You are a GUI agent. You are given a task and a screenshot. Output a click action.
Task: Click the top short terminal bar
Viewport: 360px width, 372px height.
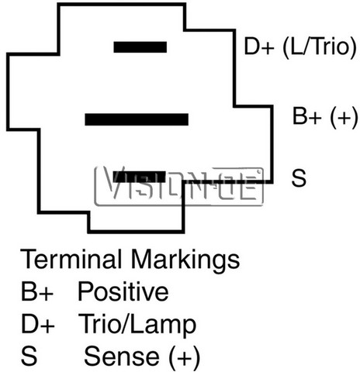point(140,47)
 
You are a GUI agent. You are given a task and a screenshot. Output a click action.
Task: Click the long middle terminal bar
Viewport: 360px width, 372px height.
point(137,119)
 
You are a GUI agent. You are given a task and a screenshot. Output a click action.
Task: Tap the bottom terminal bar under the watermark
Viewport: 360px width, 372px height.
point(140,177)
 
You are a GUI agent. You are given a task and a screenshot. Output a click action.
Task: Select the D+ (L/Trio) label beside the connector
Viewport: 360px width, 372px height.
point(300,47)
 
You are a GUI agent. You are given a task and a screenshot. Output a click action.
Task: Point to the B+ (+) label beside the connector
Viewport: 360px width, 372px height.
point(325,117)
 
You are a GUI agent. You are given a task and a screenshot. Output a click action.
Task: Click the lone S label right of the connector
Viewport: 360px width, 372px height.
point(299,177)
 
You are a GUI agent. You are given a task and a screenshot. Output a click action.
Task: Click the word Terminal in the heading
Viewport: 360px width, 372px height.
point(71,259)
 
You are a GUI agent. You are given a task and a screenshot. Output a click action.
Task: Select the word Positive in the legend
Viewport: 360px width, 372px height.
point(123,291)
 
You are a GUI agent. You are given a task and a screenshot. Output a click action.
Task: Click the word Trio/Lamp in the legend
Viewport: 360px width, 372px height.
point(137,325)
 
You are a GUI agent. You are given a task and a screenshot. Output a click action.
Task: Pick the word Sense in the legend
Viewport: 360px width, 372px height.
point(122,356)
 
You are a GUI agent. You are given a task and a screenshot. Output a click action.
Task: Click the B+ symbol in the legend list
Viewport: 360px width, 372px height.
point(37,291)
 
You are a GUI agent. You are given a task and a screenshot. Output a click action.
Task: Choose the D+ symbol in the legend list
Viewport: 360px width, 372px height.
point(38,324)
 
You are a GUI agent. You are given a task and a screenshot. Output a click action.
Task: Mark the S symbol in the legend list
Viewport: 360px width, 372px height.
point(29,356)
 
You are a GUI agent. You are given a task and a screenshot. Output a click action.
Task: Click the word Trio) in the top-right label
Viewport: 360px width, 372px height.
point(335,47)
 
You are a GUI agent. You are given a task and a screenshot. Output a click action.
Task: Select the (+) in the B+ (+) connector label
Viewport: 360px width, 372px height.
point(344,117)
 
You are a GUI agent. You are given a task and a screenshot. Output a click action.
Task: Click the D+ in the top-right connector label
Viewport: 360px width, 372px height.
point(259,46)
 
